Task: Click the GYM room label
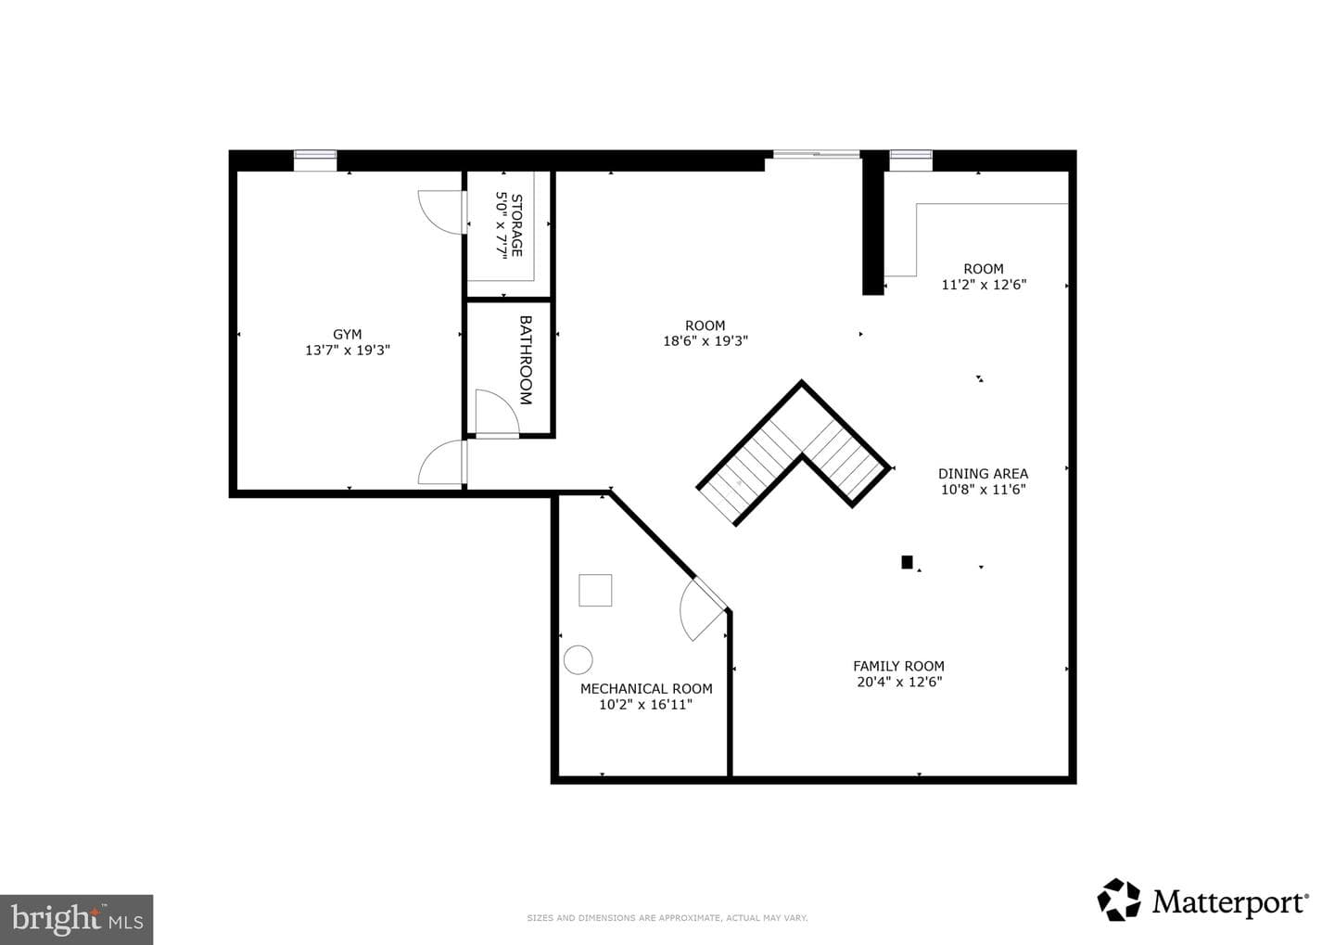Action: pyautogui.click(x=347, y=335)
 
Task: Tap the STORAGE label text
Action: pyautogui.click(x=516, y=225)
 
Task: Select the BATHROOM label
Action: pyautogui.click(x=525, y=360)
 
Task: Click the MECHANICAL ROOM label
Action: pyautogui.click(x=646, y=689)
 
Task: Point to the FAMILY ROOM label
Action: pyautogui.click(x=898, y=666)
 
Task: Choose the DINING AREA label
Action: pyautogui.click(x=983, y=473)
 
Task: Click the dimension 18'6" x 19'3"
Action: pyautogui.click(x=705, y=341)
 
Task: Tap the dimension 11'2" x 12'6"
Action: pyautogui.click(x=984, y=285)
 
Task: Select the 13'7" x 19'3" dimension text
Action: pyautogui.click(x=348, y=350)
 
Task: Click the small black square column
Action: pyautogui.click(x=907, y=562)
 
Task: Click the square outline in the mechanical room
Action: pyautogui.click(x=595, y=590)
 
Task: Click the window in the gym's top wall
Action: pyautogui.click(x=315, y=160)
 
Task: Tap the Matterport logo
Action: pyautogui.click(x=1202, y=900)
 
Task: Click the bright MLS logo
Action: pyautogui.click(x=76, y=919)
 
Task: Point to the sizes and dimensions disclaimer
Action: pyautogui.click(x=667, y=917)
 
